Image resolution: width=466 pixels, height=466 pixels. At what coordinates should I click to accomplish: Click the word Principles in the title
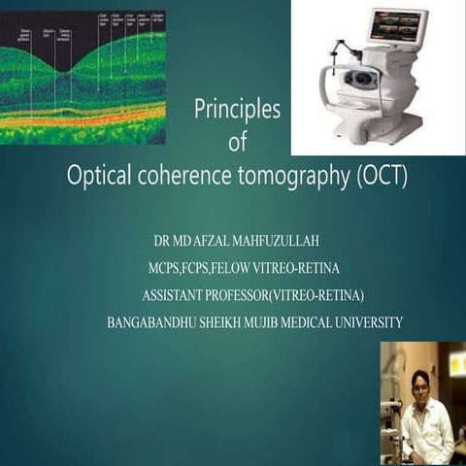pos(237,111)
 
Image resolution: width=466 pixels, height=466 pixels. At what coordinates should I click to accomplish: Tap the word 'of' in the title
pos(236,144)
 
